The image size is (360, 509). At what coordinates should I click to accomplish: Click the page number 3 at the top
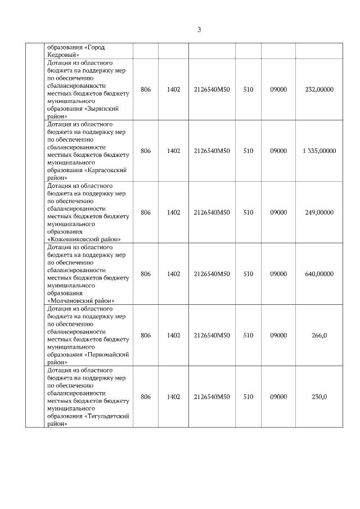click(x=199, y=30)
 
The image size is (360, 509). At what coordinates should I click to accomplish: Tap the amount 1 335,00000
click(x=319, y=151)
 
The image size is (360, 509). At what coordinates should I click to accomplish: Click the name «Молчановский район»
click(x=81, y=301)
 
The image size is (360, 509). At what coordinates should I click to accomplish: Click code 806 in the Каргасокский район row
click(x=146, y=151)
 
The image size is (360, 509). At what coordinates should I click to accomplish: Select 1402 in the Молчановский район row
click(x=173, y=274)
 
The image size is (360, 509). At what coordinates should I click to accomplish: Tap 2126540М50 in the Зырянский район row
click(x=212, y=89)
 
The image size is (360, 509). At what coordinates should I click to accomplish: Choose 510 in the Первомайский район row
click(x=248, y=335)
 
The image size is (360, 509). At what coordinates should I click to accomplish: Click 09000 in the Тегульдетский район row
click(x=278, y=397)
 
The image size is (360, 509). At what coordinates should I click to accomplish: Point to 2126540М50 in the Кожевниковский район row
click(x=212, y=212)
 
